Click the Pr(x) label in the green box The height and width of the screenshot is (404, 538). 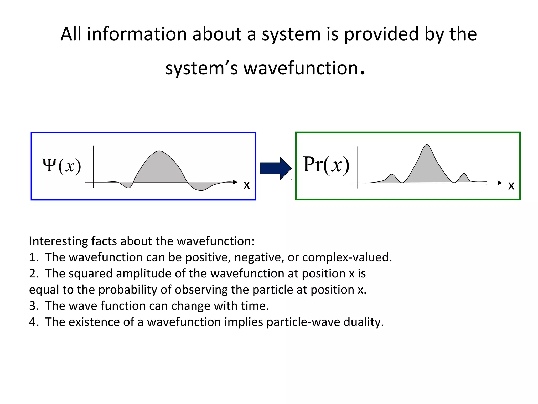pyautogui.click(x=326, y=165)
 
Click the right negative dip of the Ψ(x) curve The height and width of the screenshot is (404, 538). pyautogui.click(x=201, y=186)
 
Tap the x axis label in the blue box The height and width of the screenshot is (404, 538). pyautogui.click(x=246, y=185)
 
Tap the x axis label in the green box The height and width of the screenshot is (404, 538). pyautogui.click(x=511, y=186)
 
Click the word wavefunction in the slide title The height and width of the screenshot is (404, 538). pyautogui.click(x=301, y=68)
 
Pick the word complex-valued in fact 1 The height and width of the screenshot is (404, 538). pyautogui.click(x=347, y=257)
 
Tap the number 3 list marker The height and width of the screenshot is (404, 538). pyautogui.click(x=33, y=306)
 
